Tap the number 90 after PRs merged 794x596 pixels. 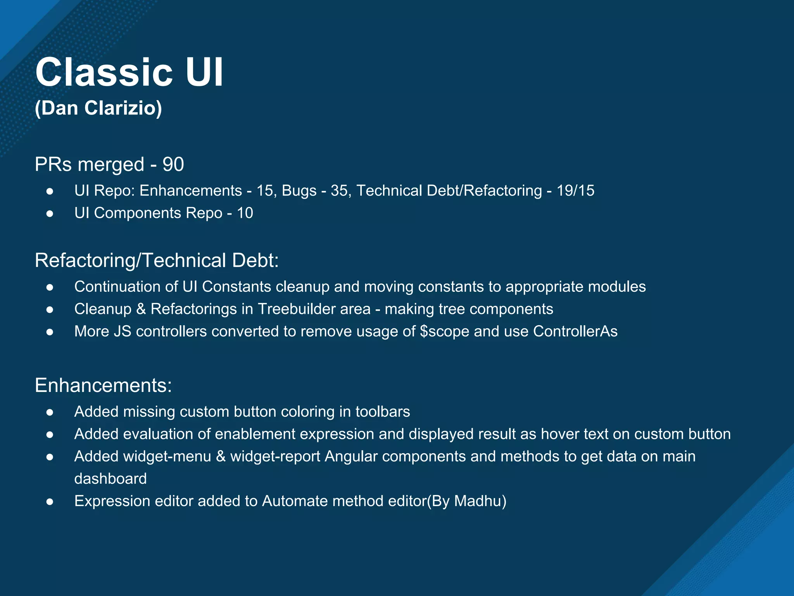point(173,165)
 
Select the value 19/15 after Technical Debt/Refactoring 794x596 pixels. point(575,191)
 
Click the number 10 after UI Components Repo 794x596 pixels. point(245,213)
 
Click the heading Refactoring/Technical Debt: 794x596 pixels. point(157,260)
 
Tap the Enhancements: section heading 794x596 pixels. point(103,386)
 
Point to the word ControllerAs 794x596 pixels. point(575,331)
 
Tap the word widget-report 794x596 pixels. point(275,457)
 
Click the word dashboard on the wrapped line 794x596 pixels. point(110,479)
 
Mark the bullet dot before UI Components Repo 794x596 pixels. point(50,213)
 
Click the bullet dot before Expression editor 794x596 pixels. point(50,502)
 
